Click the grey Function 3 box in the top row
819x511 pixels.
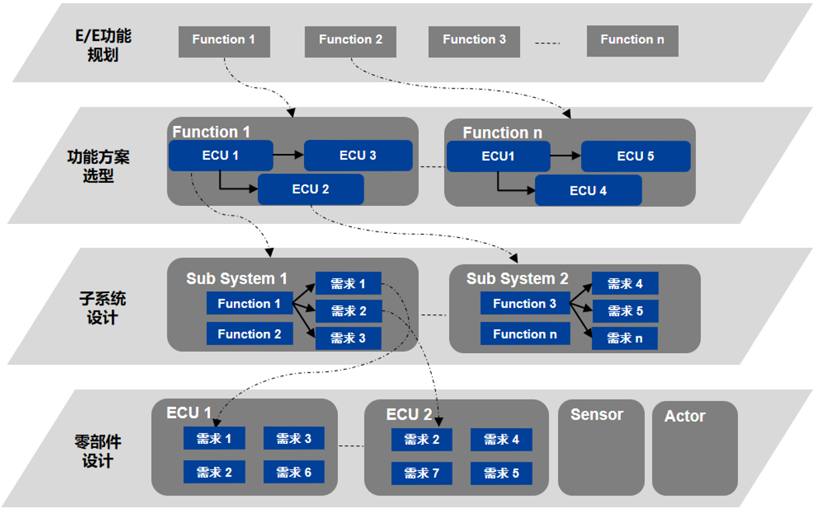pos(474,42)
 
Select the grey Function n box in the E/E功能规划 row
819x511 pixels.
pos(632,41)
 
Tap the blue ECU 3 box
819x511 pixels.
pos(358,155)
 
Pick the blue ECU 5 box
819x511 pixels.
pos(636,156)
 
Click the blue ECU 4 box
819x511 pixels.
pos(588,190)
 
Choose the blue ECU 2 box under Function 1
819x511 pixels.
pos(311,189)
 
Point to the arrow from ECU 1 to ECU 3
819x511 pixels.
pos(288,155)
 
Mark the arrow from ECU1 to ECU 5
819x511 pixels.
pos(566,156)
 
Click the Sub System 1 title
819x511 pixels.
pos(237,278)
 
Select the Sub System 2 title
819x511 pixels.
pos(517,278)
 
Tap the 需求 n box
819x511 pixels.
pos(624,338)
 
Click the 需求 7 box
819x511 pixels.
pos(422,473)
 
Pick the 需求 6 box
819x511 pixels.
pos(294,472)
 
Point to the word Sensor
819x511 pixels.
pos(596,414)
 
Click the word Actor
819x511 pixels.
pos(685,416)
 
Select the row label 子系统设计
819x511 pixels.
pos(103,308)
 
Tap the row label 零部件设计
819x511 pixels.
pos(97,451)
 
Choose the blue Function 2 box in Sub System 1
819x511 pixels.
pos(250,333)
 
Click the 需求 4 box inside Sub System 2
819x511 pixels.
pos(625,283)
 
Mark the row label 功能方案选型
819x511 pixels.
pos(98,166)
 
